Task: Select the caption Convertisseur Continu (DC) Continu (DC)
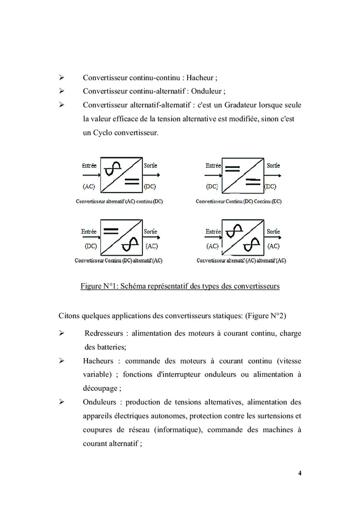tap(239, 201)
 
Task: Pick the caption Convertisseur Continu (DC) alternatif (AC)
tap(118, 260)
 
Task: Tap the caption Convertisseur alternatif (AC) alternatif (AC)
tap(241, 260)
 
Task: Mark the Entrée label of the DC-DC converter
tap(213, 165)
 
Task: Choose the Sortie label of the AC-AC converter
tap(273, 232)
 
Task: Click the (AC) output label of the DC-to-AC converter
tap(152, 246)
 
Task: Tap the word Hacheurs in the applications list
tap(98, 361)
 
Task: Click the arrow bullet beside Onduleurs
tap(61, 402)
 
